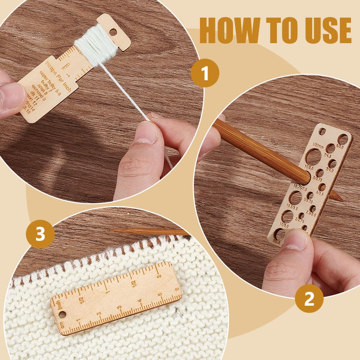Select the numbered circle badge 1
click(205, 73)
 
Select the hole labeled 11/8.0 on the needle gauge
click(313, 157)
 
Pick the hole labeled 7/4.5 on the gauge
click(331, 148)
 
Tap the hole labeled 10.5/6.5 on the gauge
click(295, 198)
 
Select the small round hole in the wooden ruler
click(62, 315)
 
